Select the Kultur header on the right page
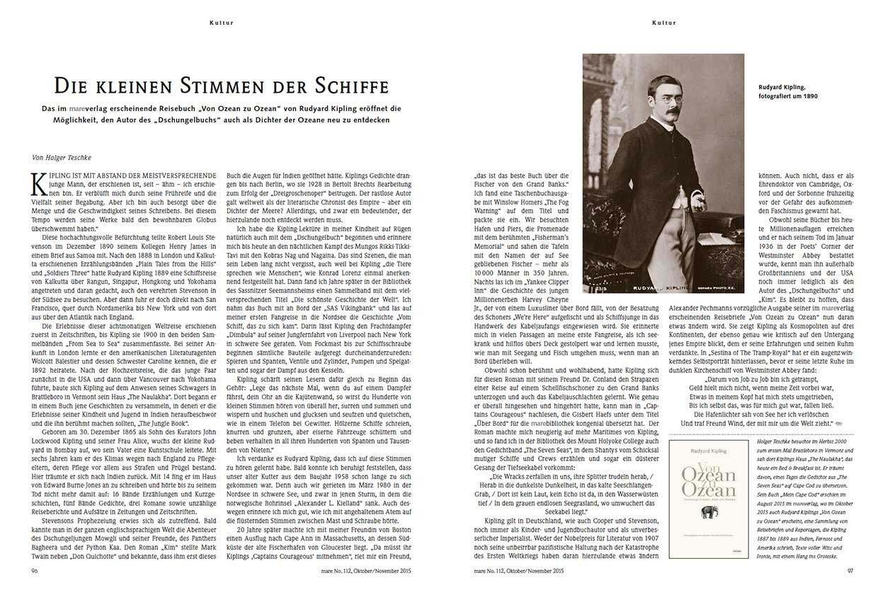click(x=663, y=23)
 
